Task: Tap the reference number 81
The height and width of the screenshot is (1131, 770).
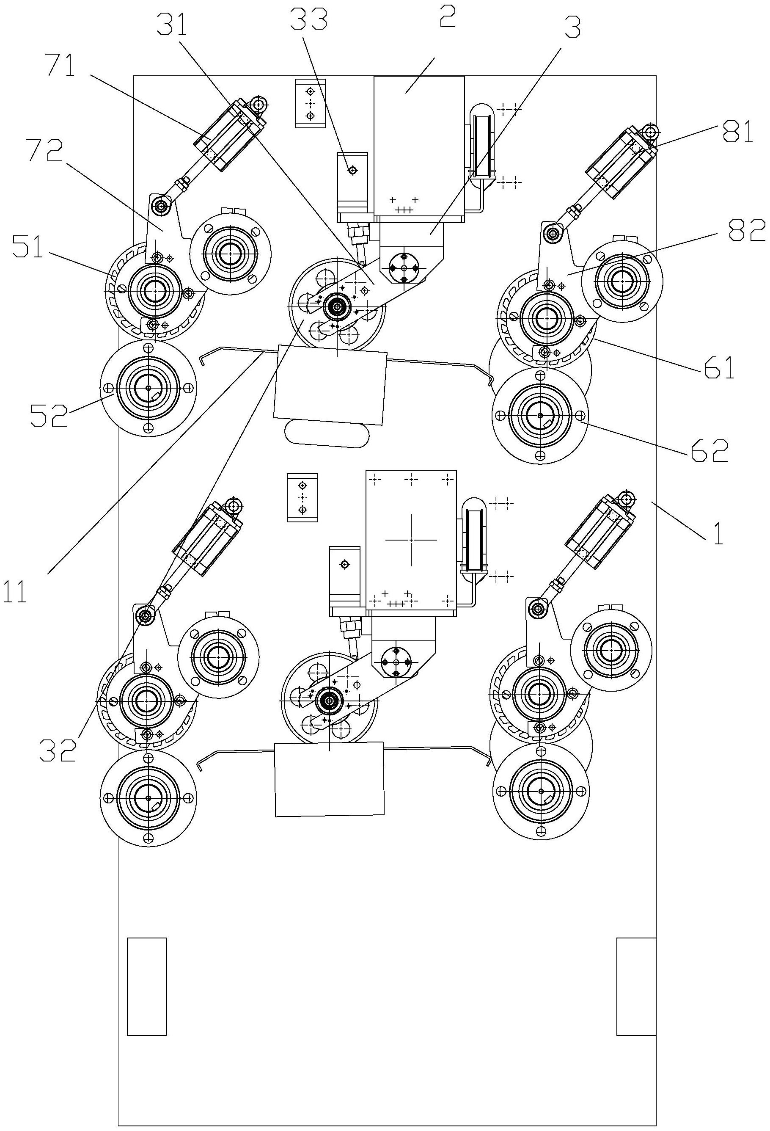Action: coord(737,132)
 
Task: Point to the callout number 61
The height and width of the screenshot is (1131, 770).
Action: coord(718,370)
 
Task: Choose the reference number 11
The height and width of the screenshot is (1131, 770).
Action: coord(14,592)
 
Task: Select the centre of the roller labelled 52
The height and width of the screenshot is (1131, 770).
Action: coord(149,388)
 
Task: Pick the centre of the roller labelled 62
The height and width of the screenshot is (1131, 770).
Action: coord(540,415)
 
